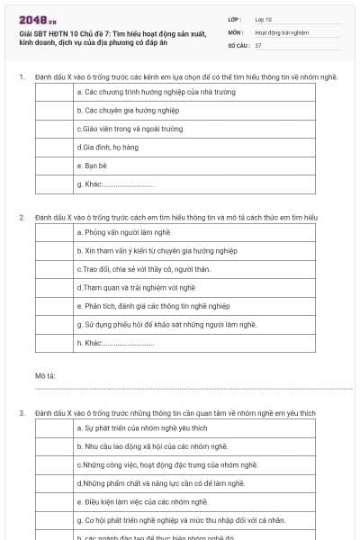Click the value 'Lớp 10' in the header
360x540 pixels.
tap(265, 18)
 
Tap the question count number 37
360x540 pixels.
tap(258, 44)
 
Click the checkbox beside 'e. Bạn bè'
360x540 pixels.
tap(54, 166)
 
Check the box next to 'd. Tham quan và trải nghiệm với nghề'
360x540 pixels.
tap(54, 287)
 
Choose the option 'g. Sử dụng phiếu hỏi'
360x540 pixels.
tap(167, 324)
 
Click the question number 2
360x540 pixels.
tap(22, 218)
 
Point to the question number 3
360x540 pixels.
tap(22, 413)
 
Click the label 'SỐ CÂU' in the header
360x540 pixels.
tap(238, 44)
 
